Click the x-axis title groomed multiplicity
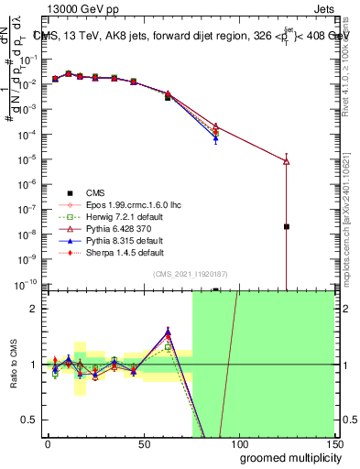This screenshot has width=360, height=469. coord(286,457)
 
